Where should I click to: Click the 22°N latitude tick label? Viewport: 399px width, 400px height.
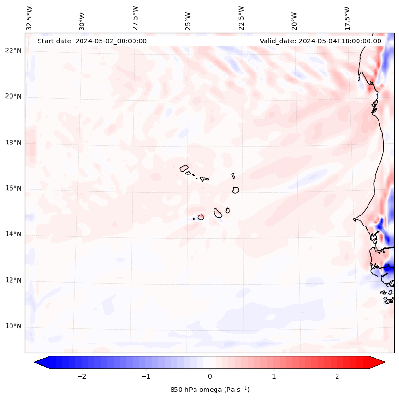13,51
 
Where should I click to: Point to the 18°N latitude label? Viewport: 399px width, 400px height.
13,143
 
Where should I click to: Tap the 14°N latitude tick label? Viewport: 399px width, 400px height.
13,234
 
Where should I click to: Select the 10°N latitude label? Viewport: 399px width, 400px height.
13,327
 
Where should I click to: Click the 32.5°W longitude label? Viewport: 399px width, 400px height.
30,18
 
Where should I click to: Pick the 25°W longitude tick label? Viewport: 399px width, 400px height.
189,18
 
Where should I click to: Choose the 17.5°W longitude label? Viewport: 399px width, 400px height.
348,18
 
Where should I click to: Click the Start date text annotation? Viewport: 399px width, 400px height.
92,41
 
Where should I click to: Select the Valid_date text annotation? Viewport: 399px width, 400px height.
320,41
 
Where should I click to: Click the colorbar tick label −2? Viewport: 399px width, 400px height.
82,376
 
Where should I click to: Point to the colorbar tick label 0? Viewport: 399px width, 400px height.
210,376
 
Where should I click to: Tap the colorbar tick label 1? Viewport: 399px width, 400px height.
274,376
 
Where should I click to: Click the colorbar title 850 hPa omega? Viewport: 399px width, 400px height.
210,390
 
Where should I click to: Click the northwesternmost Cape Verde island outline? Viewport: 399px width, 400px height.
184,168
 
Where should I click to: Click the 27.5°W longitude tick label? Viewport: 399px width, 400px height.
136,18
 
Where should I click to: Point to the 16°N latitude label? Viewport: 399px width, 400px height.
13,188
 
